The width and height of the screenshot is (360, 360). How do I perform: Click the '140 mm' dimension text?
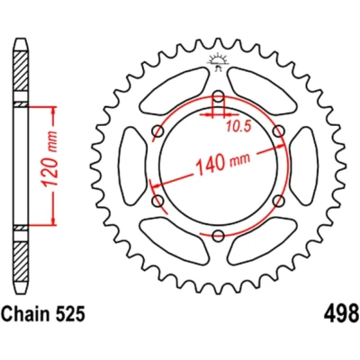(222, 163)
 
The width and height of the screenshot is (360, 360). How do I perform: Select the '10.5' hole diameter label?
(238, 127)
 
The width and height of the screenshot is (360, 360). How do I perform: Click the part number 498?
(341, 313)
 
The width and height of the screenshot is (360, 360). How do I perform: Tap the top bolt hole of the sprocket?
(219, 96)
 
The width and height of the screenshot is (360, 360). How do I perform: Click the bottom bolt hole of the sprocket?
(219, 236)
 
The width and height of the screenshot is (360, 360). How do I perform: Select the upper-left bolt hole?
(158, 131)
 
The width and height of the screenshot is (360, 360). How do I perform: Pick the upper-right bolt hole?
(279, 131)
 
